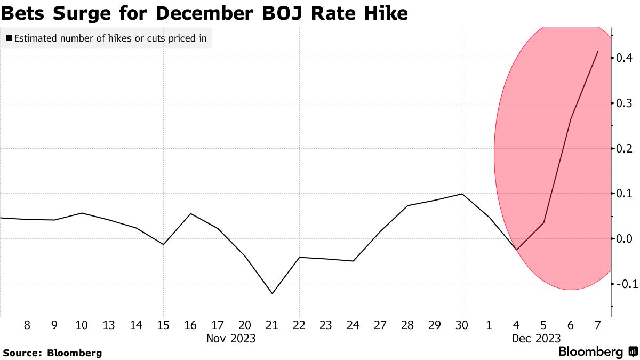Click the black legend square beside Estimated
click(x=9, y=38)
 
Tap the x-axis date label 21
click(x=273, y=325)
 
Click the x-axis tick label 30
click(x=462, y=325)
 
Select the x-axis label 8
click(x=27, y=325)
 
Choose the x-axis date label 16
click(x=191, y=325)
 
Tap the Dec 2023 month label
click(x=536, y=339)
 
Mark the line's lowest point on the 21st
click(x=273, y=293)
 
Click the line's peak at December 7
click(x=598, y=51)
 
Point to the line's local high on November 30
click(x=462, y=194)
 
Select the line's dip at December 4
click(x=516, y=250)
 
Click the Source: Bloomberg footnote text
click(x=52, y=353)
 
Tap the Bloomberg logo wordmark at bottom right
click(x=591, y=352)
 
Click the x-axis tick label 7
click(x=598, y=325)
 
